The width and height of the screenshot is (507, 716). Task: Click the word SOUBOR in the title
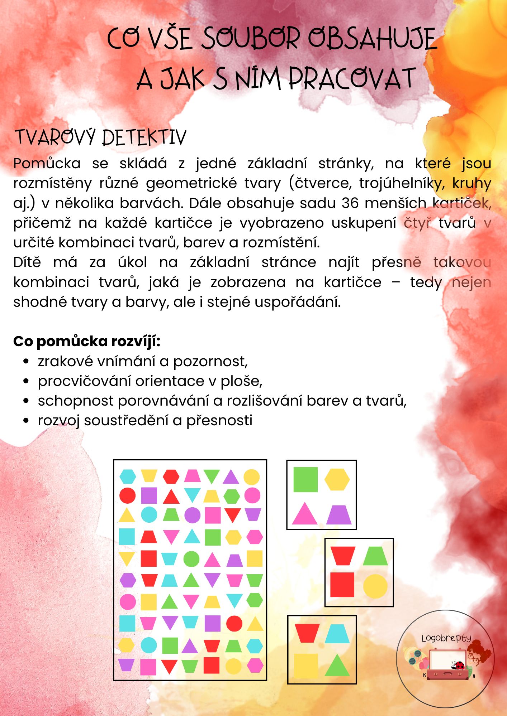(x=250, y=39)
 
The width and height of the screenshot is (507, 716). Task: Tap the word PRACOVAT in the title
(x=352, y=78)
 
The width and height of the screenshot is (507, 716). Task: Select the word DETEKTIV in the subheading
(x=144, y=137)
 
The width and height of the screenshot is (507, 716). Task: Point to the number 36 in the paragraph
(x=350, y=203)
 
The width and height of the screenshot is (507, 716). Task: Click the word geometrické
(x=191, y=183)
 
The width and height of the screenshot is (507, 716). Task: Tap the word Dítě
(x=27, y=262)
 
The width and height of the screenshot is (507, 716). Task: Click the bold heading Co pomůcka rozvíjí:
(x=87, y=341)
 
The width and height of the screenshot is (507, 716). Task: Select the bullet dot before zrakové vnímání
(x=26, y=362)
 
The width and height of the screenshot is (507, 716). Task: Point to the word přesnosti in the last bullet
(x=219, y=421)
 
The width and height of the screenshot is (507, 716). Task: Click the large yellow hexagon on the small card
(x=337, y=479)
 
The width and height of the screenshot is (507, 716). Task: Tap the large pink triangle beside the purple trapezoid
(x=304, y=514)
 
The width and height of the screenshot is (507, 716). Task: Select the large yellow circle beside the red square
(x=375, y=586)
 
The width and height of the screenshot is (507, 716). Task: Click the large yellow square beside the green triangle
(x=306, y=666)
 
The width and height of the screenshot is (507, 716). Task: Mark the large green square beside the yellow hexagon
(x=305, y=480)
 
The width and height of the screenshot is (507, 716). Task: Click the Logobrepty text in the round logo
(x=446, y=638)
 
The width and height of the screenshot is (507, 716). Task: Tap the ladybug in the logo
(x=458, y=665)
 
